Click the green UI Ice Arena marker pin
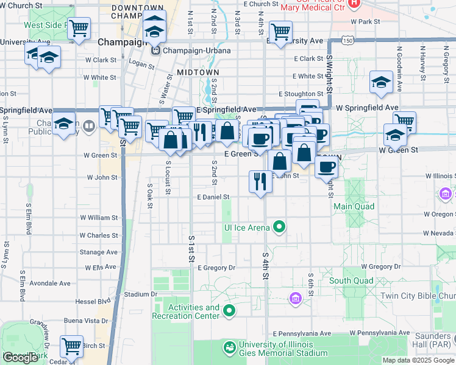[x=279, y=227]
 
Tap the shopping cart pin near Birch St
[x=72, y=347]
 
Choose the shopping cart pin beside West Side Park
[x=79, y=29]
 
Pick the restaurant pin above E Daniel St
[x=260, y=181]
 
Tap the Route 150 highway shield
[x=347, y=40]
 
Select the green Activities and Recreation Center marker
[x=229, y=311]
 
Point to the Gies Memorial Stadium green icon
[x=230, y=348]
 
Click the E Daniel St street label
[x=213, y=197]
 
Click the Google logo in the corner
[x=21, y=358]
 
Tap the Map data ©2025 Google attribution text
[x=418, y=360]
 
